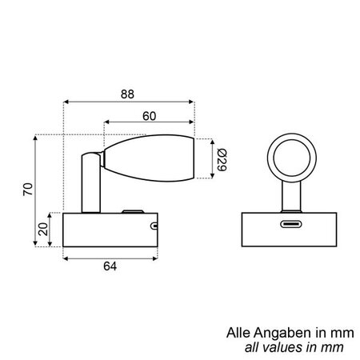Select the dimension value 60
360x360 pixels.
coord(150,115)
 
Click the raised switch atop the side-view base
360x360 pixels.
coord(130,211)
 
